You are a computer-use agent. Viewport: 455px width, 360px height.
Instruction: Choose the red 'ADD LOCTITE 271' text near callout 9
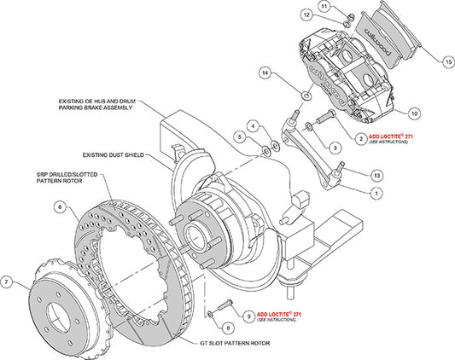tap(271, 315)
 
